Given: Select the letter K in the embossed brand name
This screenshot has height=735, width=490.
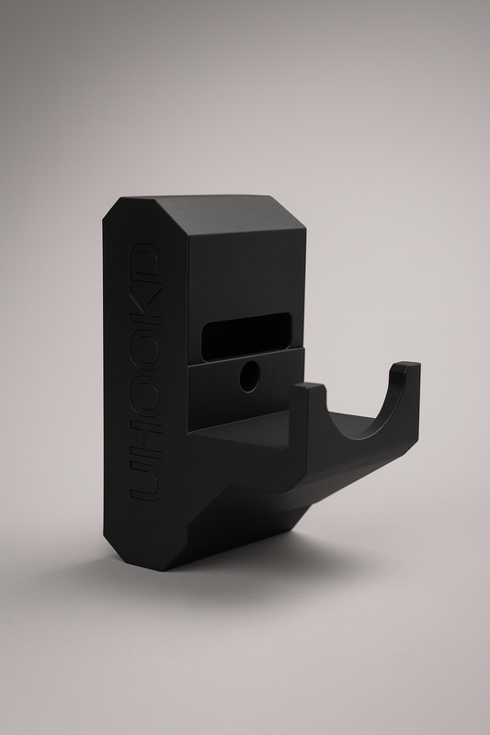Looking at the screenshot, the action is [147, 305].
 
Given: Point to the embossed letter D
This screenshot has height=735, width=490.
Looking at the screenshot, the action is [146, 264].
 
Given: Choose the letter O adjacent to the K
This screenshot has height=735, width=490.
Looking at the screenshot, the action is [147, 349].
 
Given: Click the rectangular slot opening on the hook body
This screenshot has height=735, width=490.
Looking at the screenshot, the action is [246, 336].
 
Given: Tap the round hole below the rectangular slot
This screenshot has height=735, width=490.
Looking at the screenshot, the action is [249, 377].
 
